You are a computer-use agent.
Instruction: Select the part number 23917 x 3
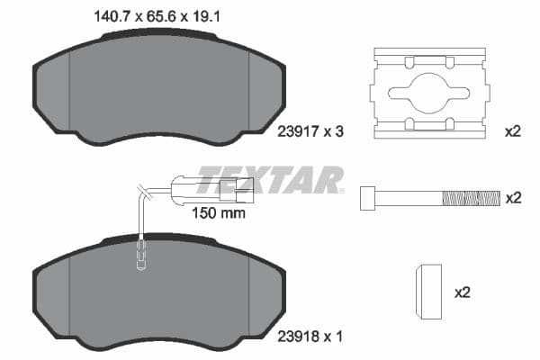pos(307,131)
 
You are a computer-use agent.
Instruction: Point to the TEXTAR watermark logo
pos(270,179)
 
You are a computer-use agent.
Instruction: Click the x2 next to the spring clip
pos(513,131)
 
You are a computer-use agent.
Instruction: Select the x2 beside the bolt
pos(513,197)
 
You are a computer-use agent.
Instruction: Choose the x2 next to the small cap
pos(463,292)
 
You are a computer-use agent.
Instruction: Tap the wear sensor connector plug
pos(236,187)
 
